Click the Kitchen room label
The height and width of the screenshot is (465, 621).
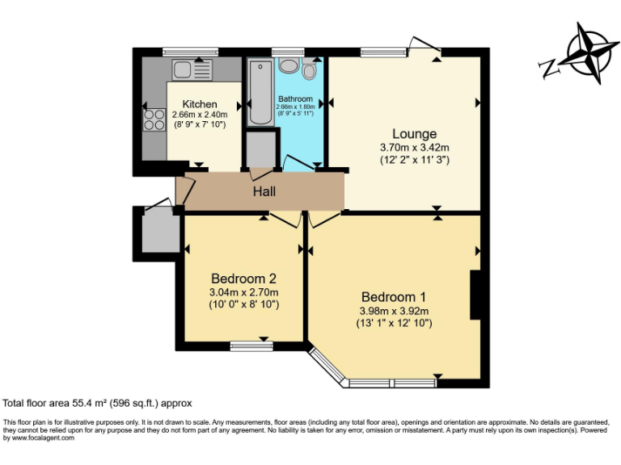(x=199, y=104)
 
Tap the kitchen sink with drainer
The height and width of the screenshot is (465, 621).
(x=191, y=69)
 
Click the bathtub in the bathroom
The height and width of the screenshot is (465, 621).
(x=260, y=92)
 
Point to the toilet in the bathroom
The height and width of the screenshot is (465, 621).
(x=309, y=72)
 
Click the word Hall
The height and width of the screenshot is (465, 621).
(x=264, y=192)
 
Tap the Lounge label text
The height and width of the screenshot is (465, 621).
(x=414, y=134)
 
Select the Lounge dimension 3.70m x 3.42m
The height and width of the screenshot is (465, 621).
(x=414, y=148)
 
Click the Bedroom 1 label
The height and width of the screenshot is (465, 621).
(x=394, y=295)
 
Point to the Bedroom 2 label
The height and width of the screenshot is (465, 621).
(x=243, y=279)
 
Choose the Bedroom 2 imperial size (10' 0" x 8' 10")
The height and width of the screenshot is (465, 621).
(x=243, y=304)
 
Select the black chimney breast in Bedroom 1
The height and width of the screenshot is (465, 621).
(x=477, y=295)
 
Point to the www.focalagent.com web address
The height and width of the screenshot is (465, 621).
(x=39, y=438)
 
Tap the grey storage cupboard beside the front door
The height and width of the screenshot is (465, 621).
(x=158, y=232)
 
